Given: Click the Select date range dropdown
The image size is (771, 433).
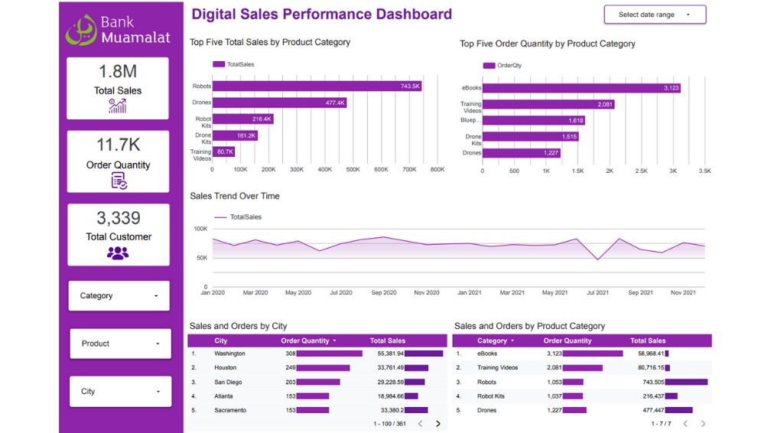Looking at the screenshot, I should point(655,15).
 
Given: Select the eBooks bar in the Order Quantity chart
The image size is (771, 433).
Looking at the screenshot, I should point(581,88).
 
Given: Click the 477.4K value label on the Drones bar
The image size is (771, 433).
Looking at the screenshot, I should point(335,103).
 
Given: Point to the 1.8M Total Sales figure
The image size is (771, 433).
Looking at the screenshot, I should point(118,72).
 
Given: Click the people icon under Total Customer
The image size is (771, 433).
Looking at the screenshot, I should point(118,253).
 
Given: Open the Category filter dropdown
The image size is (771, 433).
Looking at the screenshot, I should point(119,296).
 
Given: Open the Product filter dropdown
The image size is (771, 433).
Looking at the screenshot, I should point(120,344).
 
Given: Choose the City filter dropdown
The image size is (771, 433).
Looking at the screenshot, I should point(120,392).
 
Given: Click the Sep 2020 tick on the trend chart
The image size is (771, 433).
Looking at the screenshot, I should point(384,293).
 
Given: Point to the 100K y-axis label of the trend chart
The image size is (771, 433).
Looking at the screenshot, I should point(200,229).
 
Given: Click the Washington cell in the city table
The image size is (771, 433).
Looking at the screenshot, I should point(229,354).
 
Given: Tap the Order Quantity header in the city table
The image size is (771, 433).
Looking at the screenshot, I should point(305,341).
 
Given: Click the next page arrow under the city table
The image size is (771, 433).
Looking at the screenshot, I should point(438,424).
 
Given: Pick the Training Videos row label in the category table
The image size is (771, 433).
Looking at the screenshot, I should point(498,368).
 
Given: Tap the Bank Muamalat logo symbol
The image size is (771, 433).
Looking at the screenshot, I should point(80,31).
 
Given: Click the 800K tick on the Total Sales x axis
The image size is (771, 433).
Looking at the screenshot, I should point(438,170).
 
